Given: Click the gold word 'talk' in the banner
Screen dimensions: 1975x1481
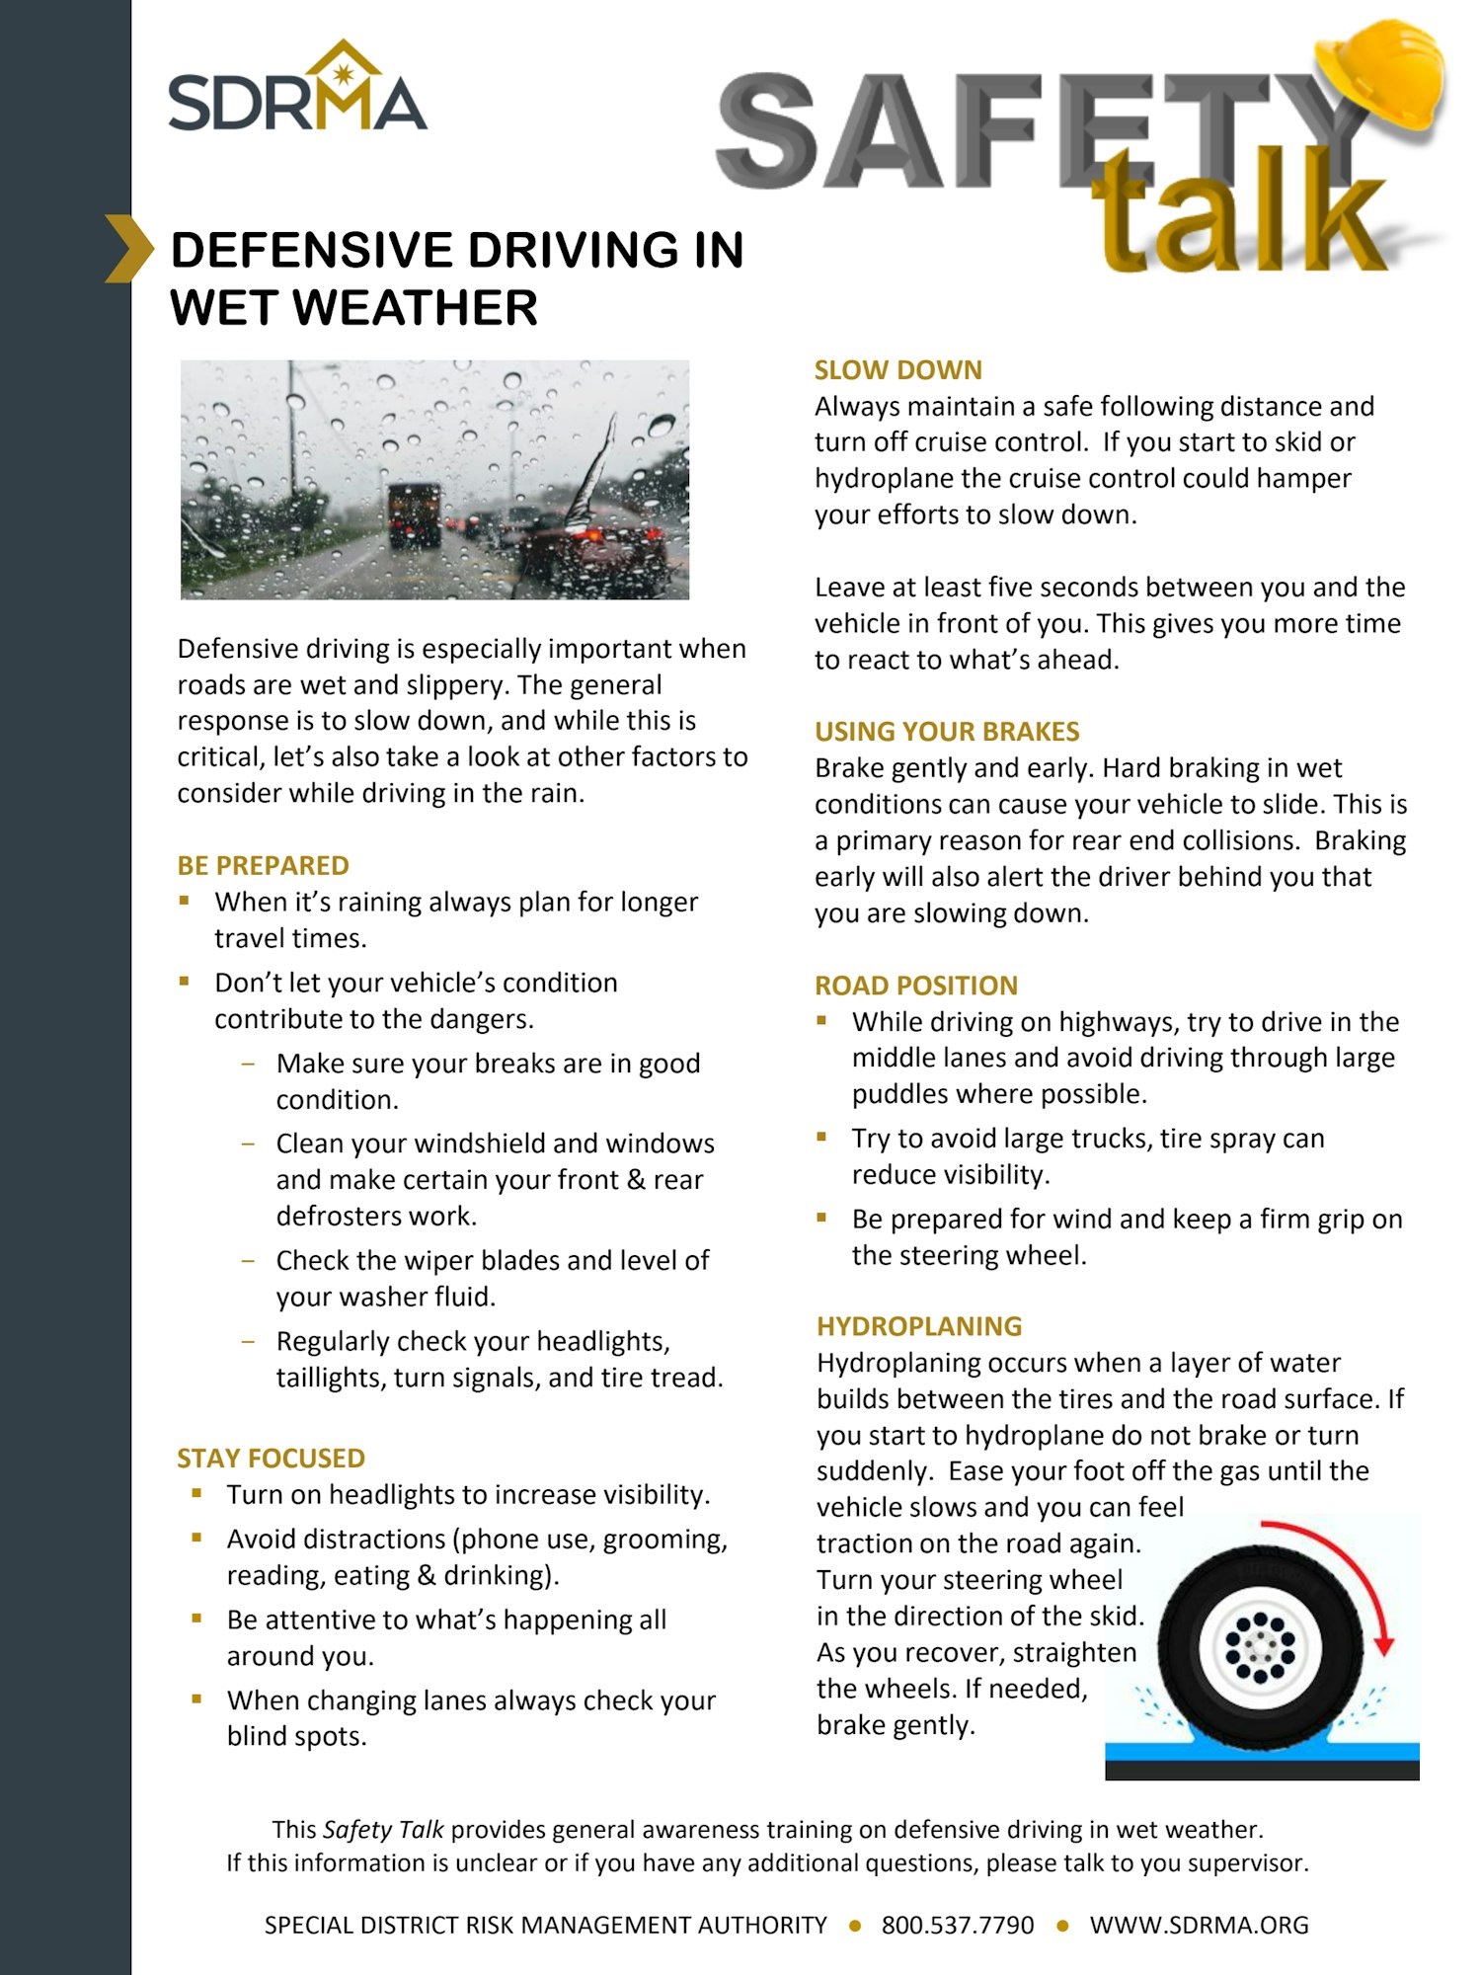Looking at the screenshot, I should tap(1239, 212).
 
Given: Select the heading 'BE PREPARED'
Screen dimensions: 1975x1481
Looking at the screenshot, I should tap(263, 865).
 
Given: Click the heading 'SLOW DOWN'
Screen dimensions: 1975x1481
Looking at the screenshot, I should tap(897, 370).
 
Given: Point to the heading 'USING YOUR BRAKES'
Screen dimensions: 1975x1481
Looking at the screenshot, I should tap(946, 732).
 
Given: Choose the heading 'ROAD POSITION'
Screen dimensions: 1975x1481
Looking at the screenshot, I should tap(915, 986).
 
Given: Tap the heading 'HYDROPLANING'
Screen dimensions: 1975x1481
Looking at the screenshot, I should tap(918, 1326).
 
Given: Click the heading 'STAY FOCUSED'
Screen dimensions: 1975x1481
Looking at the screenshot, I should tap(271, 1459).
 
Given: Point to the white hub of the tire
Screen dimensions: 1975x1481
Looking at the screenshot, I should tap(1259, 1647).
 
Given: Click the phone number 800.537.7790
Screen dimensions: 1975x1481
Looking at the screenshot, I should tap(957, 1925).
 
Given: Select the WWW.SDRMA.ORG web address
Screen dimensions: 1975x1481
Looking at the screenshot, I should tap(1199, 1925).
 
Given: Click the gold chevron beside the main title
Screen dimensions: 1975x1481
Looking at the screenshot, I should tap(129, 248).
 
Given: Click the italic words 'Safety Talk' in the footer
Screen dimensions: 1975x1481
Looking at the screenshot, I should tap(383, 1830).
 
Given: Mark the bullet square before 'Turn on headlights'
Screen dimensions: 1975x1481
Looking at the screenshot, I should tap(197, 1493).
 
